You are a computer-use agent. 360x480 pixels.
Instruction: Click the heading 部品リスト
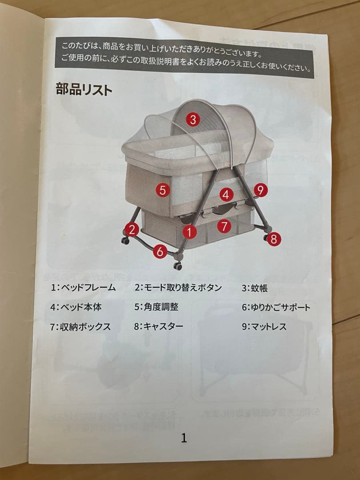coord(84,89)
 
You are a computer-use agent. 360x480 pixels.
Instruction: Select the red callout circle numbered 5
coord(163,190)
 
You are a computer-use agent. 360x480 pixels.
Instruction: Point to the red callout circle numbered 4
coord(226,194)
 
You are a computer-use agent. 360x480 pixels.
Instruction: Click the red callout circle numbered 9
coord(260,190)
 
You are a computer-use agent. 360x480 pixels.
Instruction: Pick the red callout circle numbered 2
coord(132,229)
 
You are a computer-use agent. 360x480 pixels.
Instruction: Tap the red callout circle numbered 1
coord(189,231)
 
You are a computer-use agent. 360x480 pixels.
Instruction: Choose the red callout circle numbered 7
coord(224,225)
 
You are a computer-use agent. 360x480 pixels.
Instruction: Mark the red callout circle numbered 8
coord(273,239)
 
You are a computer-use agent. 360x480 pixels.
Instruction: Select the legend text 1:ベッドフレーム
coord(83,287)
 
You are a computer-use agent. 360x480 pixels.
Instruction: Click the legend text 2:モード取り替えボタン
coord(178,287)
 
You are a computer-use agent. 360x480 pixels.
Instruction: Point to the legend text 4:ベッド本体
coord(76,307)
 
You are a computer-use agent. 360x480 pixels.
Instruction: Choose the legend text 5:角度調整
coord(156,307)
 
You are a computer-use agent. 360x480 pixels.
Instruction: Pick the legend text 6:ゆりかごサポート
coord(276,307)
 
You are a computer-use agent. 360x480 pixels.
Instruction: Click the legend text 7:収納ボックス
coord(80,326)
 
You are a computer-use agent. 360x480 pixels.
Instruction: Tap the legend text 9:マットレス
coord(264,327)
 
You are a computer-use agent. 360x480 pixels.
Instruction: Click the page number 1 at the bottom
coord(184,438)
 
